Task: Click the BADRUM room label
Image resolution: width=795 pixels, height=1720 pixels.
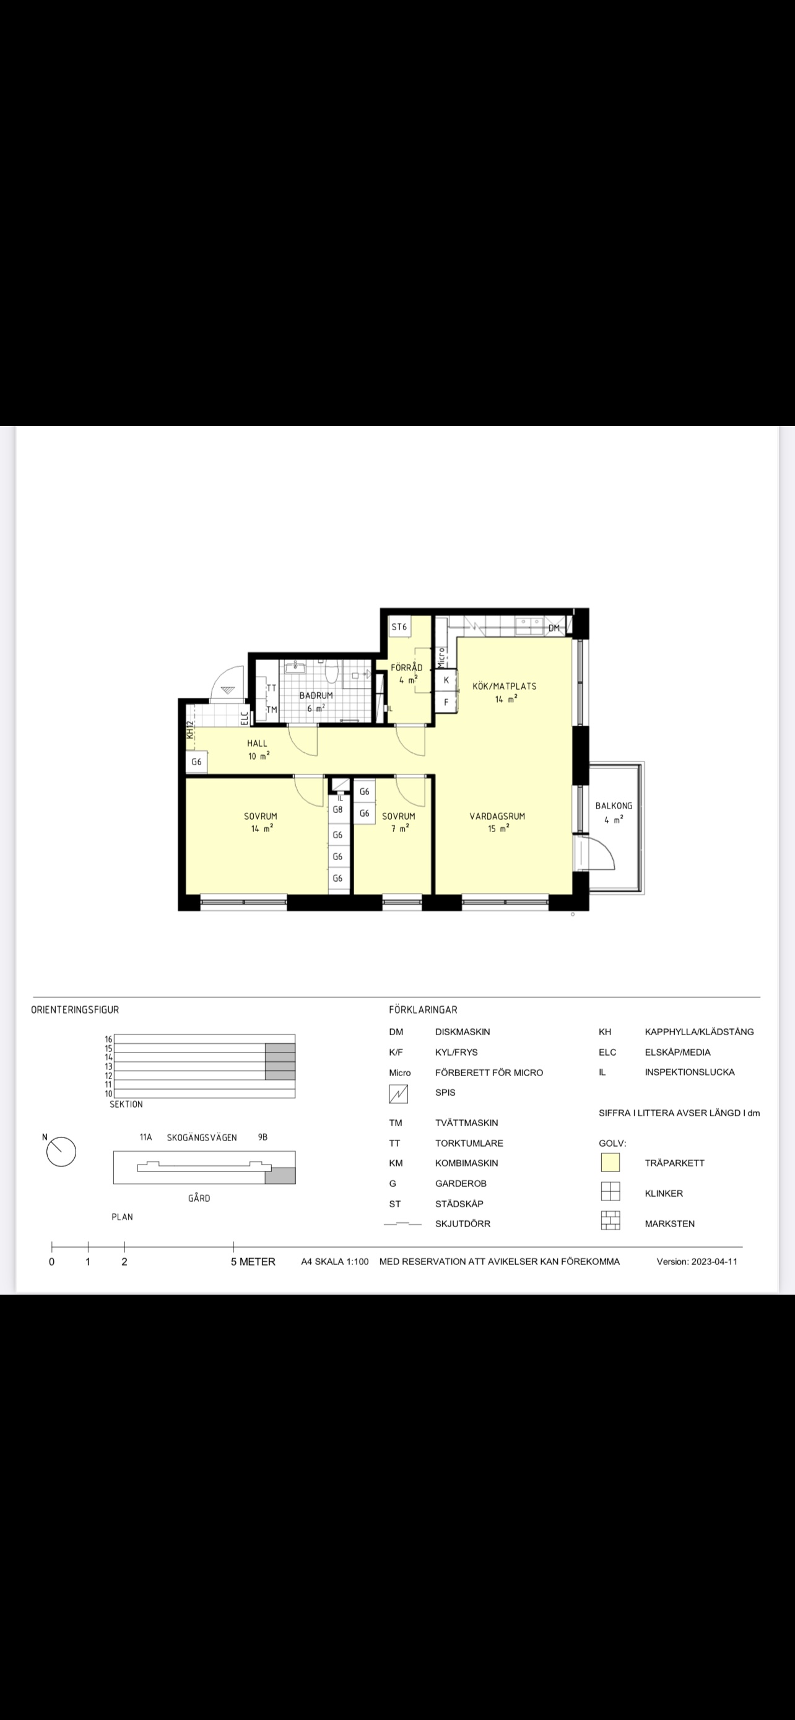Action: click(316, 695)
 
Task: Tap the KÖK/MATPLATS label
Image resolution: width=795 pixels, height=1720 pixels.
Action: click(504, 686)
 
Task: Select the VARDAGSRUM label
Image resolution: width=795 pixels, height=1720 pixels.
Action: click(497, 816)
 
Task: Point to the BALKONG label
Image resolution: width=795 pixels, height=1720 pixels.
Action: click(614, 806)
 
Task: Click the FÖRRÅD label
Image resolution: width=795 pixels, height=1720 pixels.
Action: click(407, 667)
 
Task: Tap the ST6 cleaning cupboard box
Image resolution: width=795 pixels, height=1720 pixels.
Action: click(400, 627)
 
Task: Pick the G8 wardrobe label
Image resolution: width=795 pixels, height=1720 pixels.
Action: click(338, 810)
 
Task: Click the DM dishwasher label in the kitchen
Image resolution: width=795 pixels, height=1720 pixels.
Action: click(554, 628)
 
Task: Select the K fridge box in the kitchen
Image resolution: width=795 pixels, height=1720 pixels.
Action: click(446, 680)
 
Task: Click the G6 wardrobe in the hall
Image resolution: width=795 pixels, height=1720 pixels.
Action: click(196, 762)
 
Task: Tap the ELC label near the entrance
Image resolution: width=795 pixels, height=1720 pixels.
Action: click(245, 717)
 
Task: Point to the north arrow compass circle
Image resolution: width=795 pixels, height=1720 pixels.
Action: click(61, 1152)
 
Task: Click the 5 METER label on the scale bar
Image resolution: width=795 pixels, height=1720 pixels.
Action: click(253, 1261)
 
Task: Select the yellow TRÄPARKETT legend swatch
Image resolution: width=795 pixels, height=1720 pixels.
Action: click(610, 1163)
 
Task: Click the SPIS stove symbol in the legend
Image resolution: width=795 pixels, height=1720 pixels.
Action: click(399, 1093)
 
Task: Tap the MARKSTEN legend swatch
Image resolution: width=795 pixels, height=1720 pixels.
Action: click(610, 1220)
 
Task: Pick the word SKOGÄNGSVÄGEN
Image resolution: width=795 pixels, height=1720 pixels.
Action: click(202, 1137)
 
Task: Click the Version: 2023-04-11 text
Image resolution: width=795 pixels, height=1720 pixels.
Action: click(697, 1261)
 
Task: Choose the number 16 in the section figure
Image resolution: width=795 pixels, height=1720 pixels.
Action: click(109, 1039)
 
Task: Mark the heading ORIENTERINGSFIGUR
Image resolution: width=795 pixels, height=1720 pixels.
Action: click(75, 1010)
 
